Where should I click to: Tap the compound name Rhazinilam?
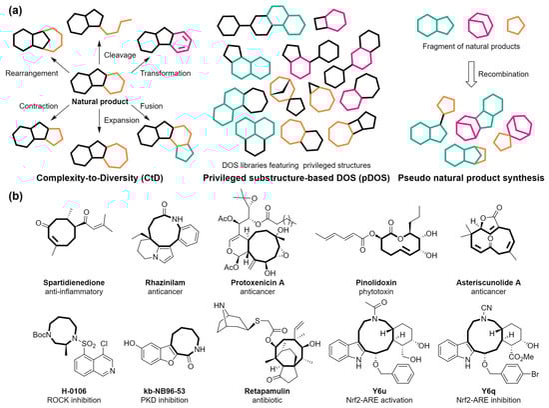point(158,284)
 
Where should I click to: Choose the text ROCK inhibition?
point(51,397)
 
